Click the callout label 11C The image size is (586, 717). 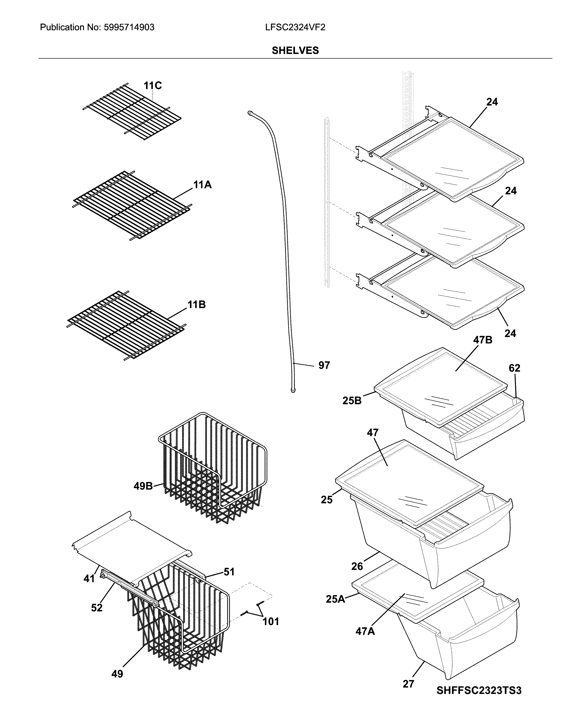point(153,86)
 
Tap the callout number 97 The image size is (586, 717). point(324,365)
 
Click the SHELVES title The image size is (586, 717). point(295,51)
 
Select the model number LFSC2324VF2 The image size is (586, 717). point(295,27)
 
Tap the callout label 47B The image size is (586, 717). point(482,340)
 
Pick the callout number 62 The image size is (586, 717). point(514,368)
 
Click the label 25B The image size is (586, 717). point(352,401)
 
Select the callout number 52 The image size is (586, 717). point(97,608)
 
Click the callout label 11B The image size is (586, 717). point(197,305)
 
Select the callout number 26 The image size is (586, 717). point(357,566)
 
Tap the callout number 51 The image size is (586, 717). point(229,572)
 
